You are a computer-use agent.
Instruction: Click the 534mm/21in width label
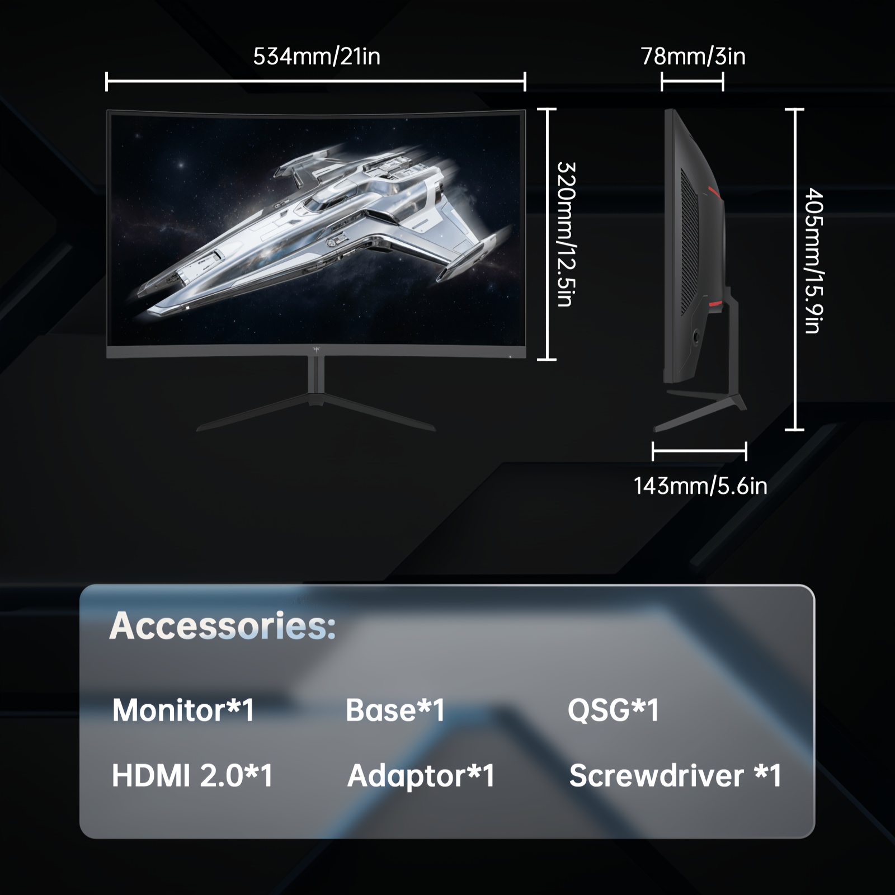click(x=317, y=56)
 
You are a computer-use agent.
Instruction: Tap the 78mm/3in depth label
click(x=693, y=56)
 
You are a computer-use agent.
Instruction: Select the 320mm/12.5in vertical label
click(x=567, y=234)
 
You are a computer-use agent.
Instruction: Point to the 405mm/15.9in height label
click(x=814, y=261)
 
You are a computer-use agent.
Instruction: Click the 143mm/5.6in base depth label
click(x=700, y=486)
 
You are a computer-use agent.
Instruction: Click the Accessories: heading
click(x=223, y=625)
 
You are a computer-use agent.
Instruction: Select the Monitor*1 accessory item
click(x=183, y=710)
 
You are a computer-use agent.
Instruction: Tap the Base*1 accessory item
click(x=395, y=710)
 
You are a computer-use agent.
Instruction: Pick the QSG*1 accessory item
click(x=614, y=710)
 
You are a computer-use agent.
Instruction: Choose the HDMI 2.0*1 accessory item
click(x=192, y=776)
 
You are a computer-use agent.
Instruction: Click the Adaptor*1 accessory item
click(x=421, y=776)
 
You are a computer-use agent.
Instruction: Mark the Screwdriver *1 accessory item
click(x=675, y=776)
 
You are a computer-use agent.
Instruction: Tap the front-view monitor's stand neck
click(x=316, y=376)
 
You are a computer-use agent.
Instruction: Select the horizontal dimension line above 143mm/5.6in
click(x=699, y=451)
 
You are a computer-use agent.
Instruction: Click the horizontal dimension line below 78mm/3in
click(x=692, y=82)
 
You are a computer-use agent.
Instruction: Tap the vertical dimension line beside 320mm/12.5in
click(x=547, y=234)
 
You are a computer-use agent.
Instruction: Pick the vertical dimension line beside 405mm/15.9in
click(x=794, y=270)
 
